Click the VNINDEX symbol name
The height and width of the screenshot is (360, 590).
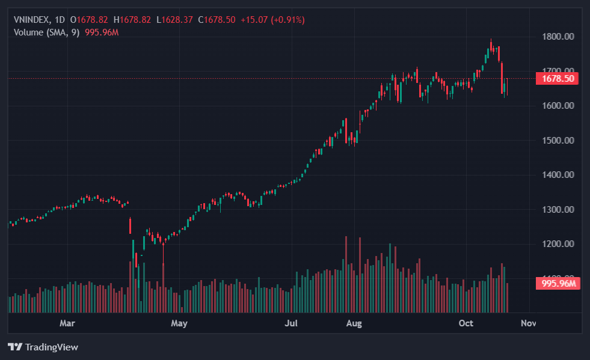pos(32,20)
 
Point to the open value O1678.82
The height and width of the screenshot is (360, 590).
pos(92,20)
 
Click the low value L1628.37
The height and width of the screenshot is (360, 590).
pos(174,20)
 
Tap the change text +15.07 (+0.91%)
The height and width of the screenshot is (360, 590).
pos(272,20)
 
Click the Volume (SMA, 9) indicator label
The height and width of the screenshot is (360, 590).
pos(46,32)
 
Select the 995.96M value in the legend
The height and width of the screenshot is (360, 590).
pos(102,32)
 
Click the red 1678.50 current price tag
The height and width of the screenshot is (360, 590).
pos(558,79)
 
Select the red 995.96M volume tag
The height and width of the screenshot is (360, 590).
pos(558,284)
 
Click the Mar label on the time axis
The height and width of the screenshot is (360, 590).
pos(67,323)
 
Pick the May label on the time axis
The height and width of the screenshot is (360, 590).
pos(179,323)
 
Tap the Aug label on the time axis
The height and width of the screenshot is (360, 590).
pos(354,323)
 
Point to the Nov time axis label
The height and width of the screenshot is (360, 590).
pos(528,323)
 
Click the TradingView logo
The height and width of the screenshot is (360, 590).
pos(43,347)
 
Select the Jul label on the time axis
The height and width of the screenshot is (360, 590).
pos(291,323)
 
